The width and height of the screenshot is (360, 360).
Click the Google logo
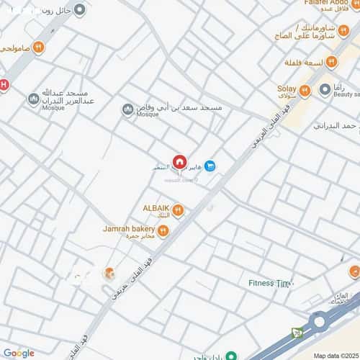(x=18, y=353)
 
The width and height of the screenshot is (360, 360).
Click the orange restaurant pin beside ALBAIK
(x=178, y=210)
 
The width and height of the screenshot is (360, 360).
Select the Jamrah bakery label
(x=128, y=228)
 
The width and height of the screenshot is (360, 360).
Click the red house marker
(x=179, y=161)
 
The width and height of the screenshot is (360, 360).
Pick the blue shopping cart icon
(x=210, y=166)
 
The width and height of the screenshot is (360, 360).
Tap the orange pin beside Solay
(x=305, y=90)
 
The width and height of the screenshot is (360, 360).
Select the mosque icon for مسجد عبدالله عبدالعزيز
(x=32, y=99)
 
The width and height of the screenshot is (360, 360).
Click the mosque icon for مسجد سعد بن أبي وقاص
(x=127, y=109)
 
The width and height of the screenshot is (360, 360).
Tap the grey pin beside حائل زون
(x=79, y=10)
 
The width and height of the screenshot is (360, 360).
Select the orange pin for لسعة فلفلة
(x=331, y=62)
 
